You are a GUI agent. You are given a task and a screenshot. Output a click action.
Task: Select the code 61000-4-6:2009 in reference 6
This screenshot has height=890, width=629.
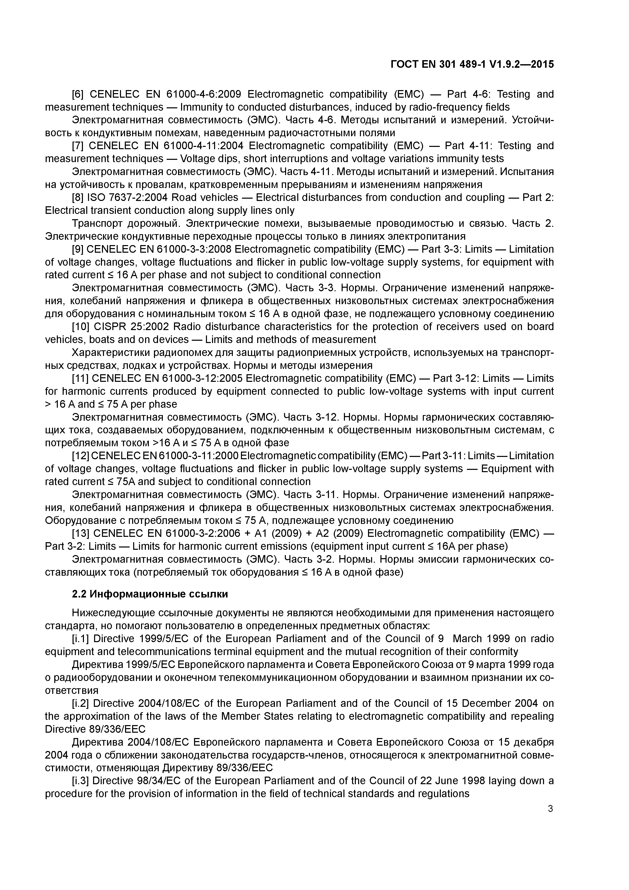tap(203, 94)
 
